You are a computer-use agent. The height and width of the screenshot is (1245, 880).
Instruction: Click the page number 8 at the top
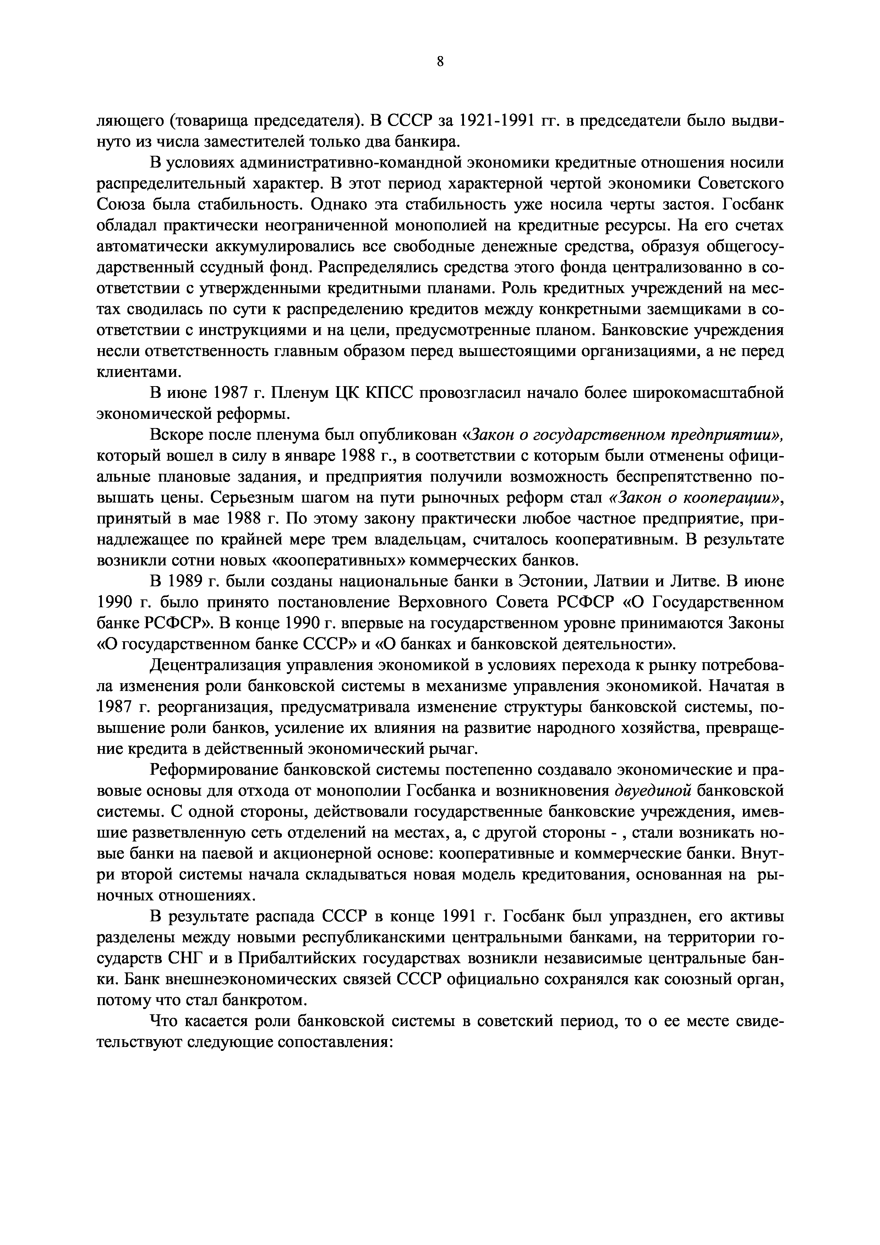click(x=440, y=62)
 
